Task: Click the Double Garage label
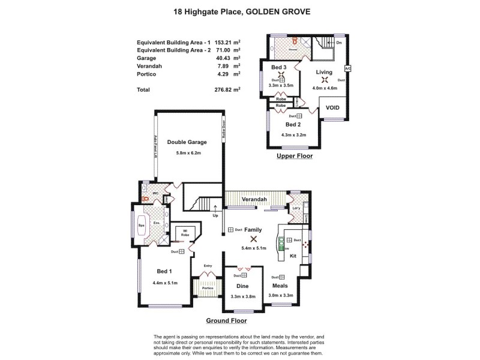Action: click(187, 142)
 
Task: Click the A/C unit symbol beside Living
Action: click(347, 68)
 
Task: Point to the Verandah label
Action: click(254, 199)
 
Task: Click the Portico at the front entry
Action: click(208, 287)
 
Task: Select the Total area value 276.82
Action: click(226, 89)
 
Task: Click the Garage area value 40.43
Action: click(226, 58)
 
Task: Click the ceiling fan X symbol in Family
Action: click(245, 238)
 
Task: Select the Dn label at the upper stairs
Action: click(339, 43)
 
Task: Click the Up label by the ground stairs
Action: click(215, 215)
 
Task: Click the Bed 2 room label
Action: click(293, 125)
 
